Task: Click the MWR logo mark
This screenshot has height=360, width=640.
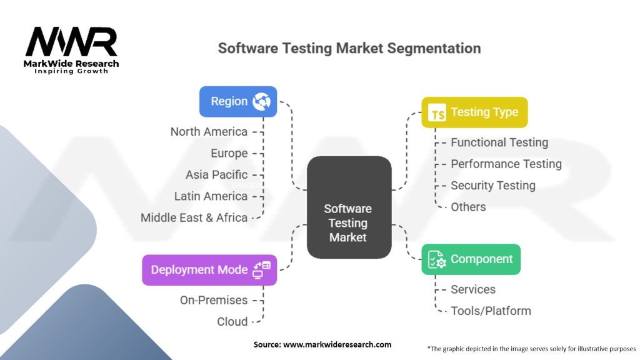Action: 71,42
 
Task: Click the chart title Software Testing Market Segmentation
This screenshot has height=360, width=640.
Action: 349,48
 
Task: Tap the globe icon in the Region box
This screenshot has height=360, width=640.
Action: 261,102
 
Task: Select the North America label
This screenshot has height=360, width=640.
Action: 209,132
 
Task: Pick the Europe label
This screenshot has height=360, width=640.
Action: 229,153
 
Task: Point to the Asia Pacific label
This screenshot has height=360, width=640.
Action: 216,174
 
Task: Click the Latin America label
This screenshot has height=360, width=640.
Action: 211,196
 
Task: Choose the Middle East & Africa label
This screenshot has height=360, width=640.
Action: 194,217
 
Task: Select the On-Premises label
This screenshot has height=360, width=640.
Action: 214,300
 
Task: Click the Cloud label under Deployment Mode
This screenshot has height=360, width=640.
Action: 232,321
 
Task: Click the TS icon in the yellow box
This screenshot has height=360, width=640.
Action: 437,114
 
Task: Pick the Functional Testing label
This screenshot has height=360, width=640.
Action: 499,142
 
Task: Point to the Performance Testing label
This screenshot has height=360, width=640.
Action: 506,164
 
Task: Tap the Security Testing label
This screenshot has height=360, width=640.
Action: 493,186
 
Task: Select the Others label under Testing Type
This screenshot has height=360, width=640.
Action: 468,207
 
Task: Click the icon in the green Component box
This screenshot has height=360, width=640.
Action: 437,260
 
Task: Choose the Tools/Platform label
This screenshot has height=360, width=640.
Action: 491,311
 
